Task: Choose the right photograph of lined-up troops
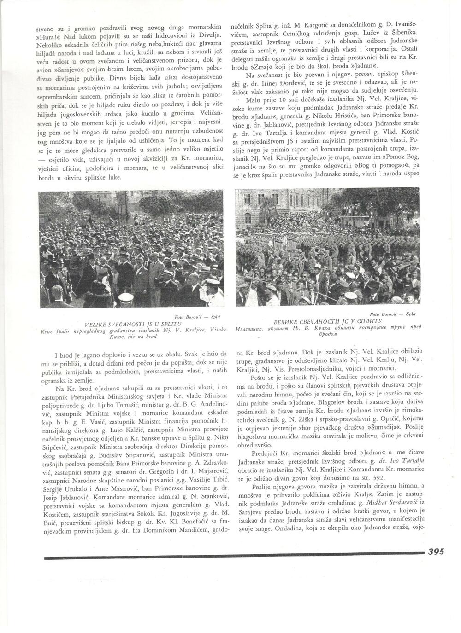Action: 328,247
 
